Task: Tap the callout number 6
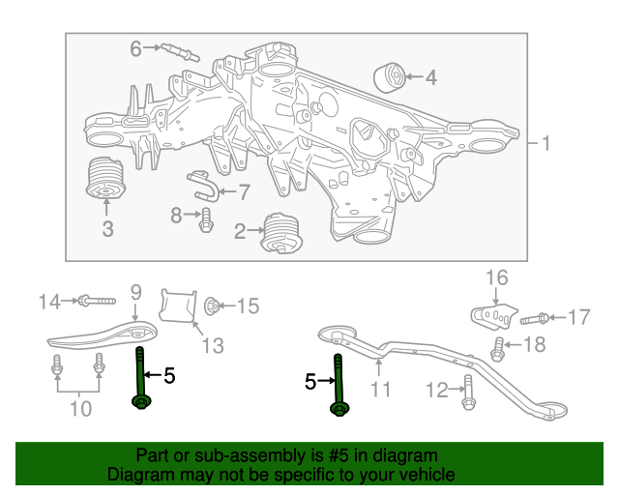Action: pyautogui.click(x=135, y=47)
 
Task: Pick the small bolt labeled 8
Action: pyautogui.click(x=205, y=220)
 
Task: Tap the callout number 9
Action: pyautogui.click(x=135, y=291)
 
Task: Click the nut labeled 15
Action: pyautogui.click(x=214, y=306)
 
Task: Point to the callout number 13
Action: pyautogui.click(x=211, y=345)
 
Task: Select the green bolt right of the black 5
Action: pyautogui.click(x=339, y=387)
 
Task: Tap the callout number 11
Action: pyautogui.click(x=380, y=391)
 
